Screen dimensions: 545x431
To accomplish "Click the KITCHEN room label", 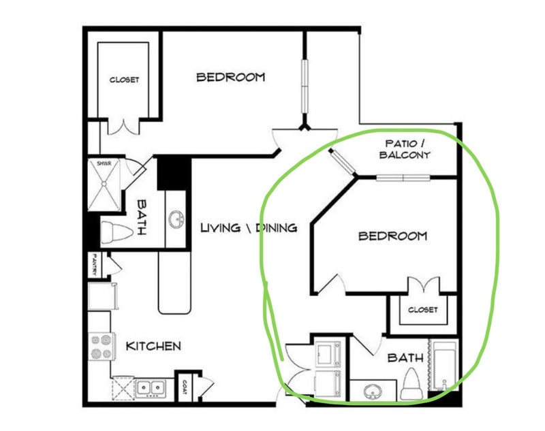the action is [x=153, y=346].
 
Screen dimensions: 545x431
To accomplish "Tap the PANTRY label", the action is [x=93, y=264].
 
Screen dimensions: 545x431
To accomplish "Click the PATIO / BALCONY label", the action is [x=405, y=149].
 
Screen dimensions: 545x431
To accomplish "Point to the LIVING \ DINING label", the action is [x=249, y=228].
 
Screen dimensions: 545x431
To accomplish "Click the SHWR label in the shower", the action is [x=104, y=163].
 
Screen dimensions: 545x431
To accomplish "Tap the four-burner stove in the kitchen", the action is [x=102, y=347].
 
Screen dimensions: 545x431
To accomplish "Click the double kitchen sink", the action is [x=151, y=387].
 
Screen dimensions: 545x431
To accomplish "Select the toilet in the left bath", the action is [x=116, y=233].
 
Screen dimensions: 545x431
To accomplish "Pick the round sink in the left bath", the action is [x=176, y=219].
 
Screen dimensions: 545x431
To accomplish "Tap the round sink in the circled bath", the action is [x=373, y=392].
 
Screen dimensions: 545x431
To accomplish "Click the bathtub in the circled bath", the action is [x=445, y=365].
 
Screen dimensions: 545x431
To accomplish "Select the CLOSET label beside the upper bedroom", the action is [x=124, y=80].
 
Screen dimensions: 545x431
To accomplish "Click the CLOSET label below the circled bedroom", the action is [x=422, y=309].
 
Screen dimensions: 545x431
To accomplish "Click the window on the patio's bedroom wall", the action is [x=403, y=178].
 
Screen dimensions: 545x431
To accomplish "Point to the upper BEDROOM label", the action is [x=231, y=77].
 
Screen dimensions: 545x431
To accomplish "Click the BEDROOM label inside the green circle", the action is [x=393, y=236].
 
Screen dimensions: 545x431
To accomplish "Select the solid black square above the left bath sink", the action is [x=174, y=174].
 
